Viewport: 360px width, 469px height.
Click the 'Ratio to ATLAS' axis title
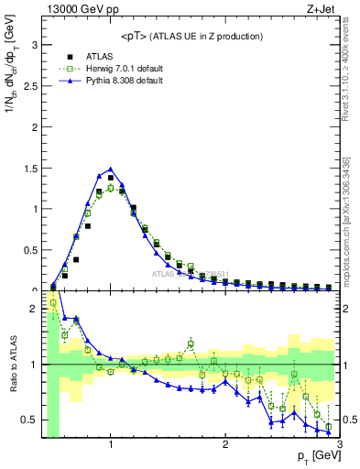[x=12, y=365]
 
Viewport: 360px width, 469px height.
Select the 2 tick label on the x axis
[x=225, y=446]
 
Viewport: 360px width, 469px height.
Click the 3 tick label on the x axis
[x=339, y=446]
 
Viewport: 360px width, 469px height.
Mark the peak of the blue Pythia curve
[x=110, y=169]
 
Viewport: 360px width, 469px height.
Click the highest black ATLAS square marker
[x=111, y=178]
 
